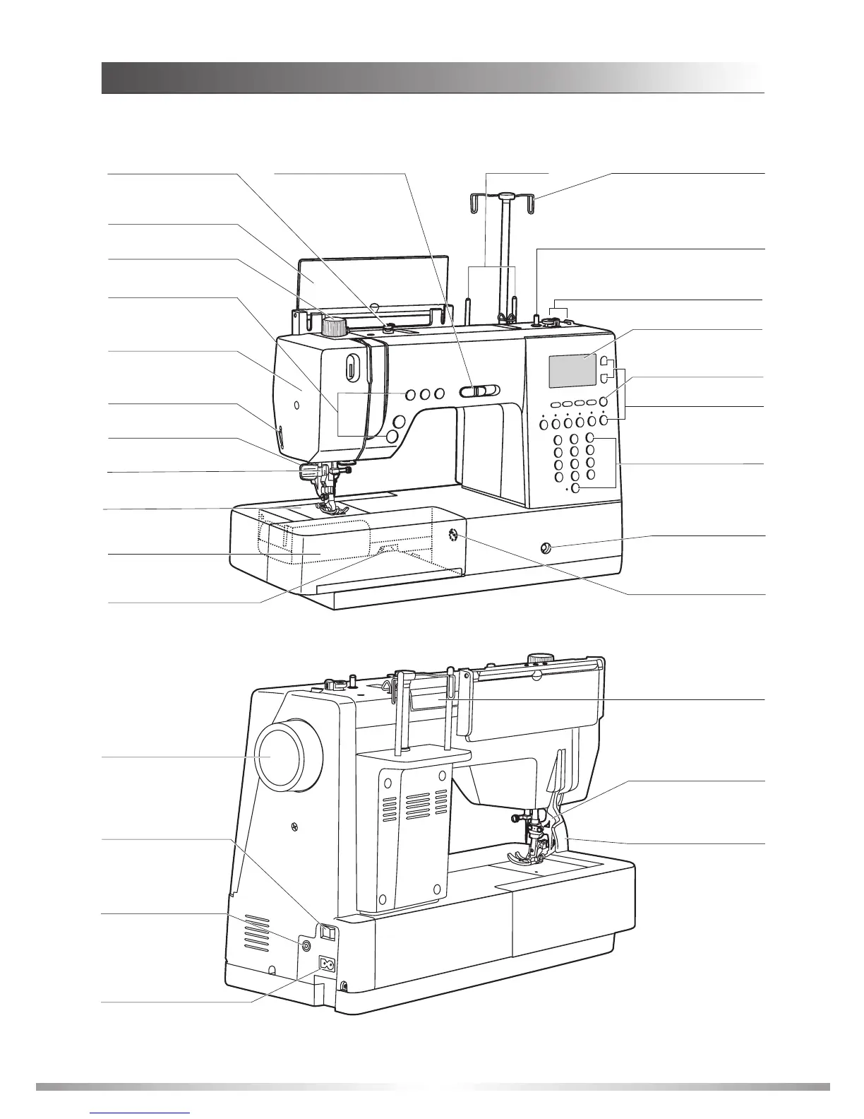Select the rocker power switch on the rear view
point(327,933)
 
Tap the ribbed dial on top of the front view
point(335,326)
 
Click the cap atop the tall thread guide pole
point(505,194)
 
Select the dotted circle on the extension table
point(451,534)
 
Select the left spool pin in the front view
point(468,309)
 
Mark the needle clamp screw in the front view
point(347,465)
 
